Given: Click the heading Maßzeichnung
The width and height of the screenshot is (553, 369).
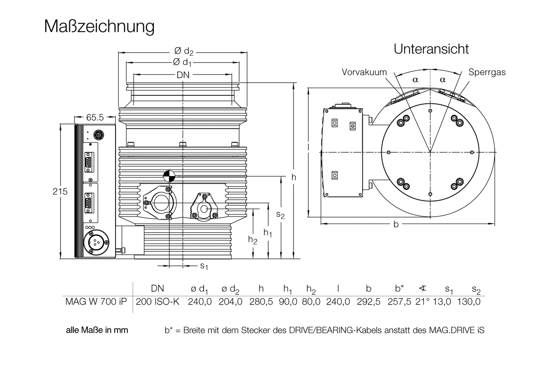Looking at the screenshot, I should pyautogui.click(x=99, y=26).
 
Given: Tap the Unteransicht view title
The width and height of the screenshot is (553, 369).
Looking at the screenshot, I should pyautogui.click(x=431, y=49).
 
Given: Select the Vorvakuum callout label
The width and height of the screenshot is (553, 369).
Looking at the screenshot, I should pyautogui.click(x=364, y=72).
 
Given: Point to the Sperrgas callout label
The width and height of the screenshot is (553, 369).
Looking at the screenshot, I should pyautogui.click(x=487, y=72).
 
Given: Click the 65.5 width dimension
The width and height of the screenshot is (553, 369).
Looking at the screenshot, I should pyautogui.click(x=95, y=118).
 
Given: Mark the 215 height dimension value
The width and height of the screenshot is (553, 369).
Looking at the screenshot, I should pyautogui.click(x=60, y=191).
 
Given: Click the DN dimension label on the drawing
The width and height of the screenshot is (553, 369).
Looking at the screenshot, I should pyautogui.click(x=183, y=75).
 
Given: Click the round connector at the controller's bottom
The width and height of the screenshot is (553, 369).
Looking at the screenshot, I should pyautogui.click(x=95, y=242).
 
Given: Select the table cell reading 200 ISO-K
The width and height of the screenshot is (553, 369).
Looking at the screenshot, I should pyautogui.click(x=158, y=302).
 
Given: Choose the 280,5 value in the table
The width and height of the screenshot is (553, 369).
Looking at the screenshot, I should pyautogui.click(x=261, y=302).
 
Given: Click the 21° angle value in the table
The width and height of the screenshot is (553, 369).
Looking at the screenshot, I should pyautogui.click(x=422, y=302).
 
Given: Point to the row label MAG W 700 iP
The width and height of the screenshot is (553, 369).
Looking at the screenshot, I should pyautogui.click(x=96, y=302).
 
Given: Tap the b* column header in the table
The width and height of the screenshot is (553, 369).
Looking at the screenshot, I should pyautogui.click(x=399, y=288).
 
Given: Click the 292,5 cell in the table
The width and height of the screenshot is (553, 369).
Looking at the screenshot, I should pyautogui.click(x=369, y=302).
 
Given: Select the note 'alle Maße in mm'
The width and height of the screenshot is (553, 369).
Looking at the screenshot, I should pyautogui.click(x=97, y=330).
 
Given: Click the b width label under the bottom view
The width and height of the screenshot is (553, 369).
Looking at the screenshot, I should pyautogui.click(x=396, y=224).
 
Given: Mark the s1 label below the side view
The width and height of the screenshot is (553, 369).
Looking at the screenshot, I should pyautogui.click(x=204, y=266).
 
